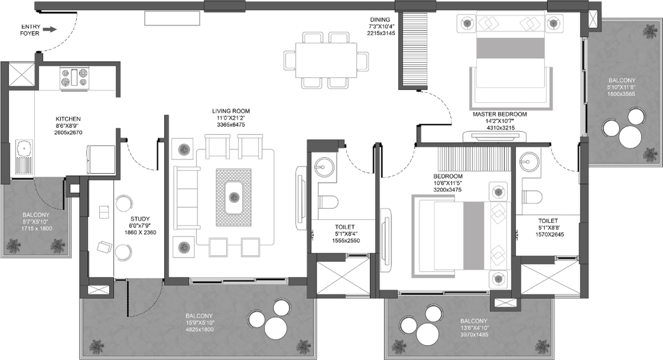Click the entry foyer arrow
pyautogui.click(x=52, y=30)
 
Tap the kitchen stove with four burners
pyautogui.click(x=75, y=78)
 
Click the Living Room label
pyautogui.click(x=231, y=111)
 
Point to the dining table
pyautogui.click(x=326, y=60)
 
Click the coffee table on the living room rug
pyautogui.click(x=234, y=197)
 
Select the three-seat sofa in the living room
pyautogui.click(x=186, y=198)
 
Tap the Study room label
pyautogui.click(x=140, y=219)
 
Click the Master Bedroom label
pyautogui.click(x=500, y=114)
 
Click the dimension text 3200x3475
pyautogui.click(x=447, y=190)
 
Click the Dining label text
pyautogui.click(x=380, y=20)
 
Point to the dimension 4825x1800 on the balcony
pyautogui.click(x=199, y=329)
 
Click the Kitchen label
pyautogui.click(x=68, y=119)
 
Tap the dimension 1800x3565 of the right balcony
pyautogui.click(x=621, y=94)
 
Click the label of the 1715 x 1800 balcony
pyautogui.click(x=36, y=215)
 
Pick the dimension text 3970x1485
pyautogui.click(x=474, y=334)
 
